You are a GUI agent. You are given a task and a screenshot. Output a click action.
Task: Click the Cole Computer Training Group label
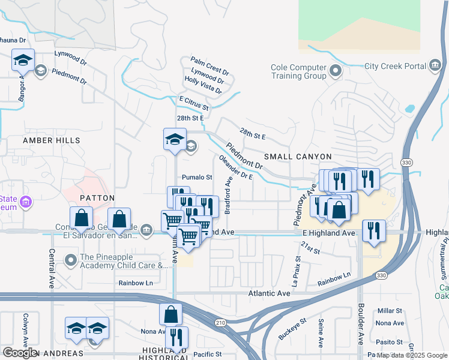coord(298,72)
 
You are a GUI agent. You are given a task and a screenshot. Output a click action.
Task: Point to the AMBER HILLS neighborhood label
coord(51,140)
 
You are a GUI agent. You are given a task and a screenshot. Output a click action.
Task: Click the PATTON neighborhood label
coord(97,197)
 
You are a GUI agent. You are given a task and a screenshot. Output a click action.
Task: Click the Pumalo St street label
coord(197,178)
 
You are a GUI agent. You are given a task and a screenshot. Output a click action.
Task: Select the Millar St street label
coord(390,311)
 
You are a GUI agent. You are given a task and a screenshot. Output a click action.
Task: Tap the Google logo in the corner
coord(20,353)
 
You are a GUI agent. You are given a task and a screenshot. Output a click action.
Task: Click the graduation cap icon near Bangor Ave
coord(22,60)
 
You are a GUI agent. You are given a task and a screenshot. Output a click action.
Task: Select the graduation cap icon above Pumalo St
coord(175,139)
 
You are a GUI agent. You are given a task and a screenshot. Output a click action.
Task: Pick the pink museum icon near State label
coord(25,202)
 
